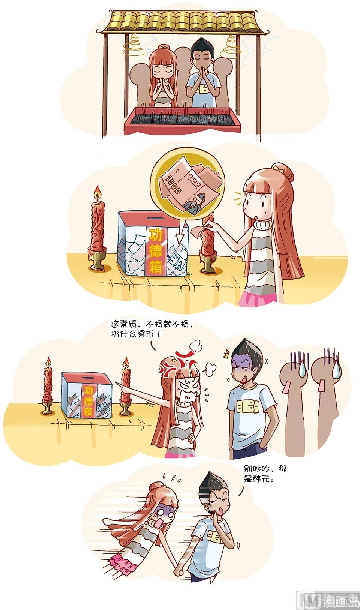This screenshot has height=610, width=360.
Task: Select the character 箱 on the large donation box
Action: click(x=156, y=267)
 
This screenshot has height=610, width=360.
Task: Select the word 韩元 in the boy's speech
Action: click(x=263, y=479)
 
